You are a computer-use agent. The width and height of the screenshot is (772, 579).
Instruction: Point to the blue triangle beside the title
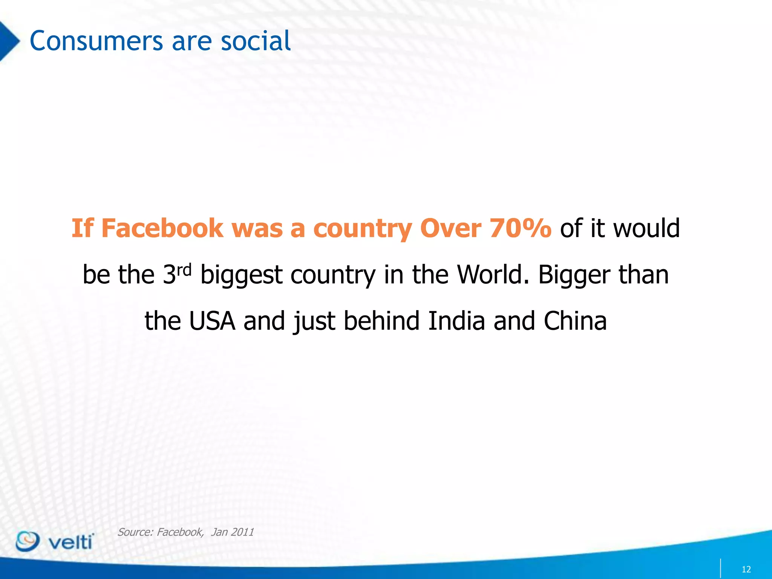[x=8, y=41]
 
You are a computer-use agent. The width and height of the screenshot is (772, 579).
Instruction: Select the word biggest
[x=241, y=275]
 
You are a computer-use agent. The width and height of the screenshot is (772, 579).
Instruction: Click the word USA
[x=212, y=321]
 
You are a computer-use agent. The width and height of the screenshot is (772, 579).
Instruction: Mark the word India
[x=456, y=321]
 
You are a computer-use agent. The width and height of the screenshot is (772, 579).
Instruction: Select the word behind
[x=381, y=321]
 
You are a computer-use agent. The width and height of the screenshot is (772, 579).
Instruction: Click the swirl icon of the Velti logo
[x=27, y=541]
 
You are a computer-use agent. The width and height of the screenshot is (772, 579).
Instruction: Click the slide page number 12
[x=746, y=569]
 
